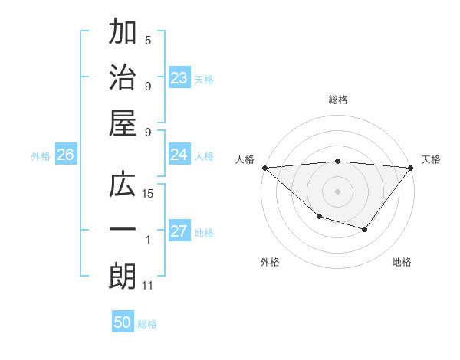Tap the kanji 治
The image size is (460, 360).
click(x=123, y=79)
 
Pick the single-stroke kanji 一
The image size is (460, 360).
click(x=123, y=231)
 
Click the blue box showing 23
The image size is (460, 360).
click(x=179, y=78)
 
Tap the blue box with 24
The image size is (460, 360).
click(x=179, y=155)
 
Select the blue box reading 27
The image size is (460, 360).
click(x=179, y=232)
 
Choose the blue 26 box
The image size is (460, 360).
click(x=66, y=155)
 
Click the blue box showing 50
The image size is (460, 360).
click(x=123, y=322)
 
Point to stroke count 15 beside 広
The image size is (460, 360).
click(x=148, y=194)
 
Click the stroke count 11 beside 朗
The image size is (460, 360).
click(x=148, y=286)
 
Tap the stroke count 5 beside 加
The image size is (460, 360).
click(x=148, y=41)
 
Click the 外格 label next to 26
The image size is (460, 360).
click(x=41, y=156)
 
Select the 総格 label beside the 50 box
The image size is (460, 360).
click(x=148, y=324)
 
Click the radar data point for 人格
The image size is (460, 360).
click(x=264, y=168)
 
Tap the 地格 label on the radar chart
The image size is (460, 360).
click(x=402, y=262)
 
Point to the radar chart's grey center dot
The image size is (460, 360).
click(x=337, y=191)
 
